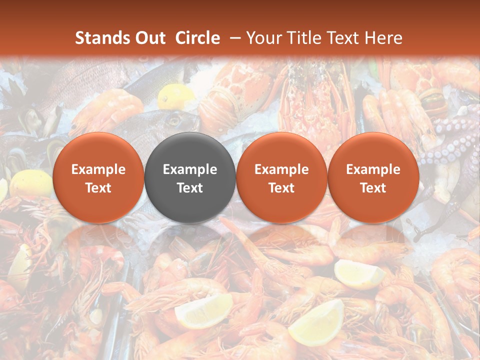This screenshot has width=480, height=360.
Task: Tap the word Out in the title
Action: pyautogui.click(x=149, y=38)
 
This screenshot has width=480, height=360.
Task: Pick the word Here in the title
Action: pyautogui.click(x=383, y=38)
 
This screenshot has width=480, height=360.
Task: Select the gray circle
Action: pyautogui.click(x=190, y=177)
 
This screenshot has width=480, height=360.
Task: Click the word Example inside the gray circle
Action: pyautogui.click(x=190, y=169)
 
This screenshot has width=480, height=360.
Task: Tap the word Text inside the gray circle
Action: pyautogui.click(x=190, y=188)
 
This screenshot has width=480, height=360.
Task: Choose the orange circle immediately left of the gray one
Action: pyautogui.click(x=98, y=177)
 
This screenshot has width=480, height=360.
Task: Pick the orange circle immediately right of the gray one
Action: pyautogui.click(x=281, y=177)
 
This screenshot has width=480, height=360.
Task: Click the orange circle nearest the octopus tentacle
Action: pyautogui.click(x=373, y=177)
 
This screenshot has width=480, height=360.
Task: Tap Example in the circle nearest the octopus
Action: pyautogui.click(x=373, y=169)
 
